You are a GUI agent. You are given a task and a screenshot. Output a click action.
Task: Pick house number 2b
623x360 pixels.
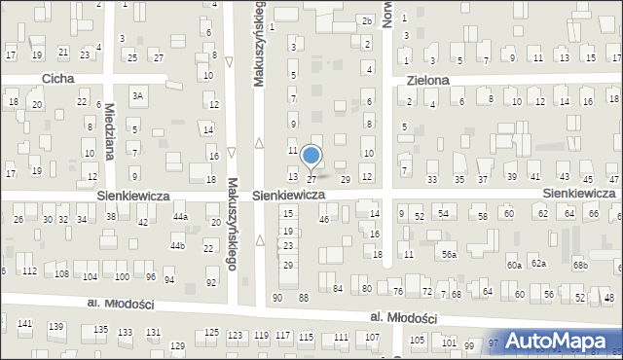coord(367,20)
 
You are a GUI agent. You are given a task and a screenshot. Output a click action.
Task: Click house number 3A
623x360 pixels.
coord(138,95)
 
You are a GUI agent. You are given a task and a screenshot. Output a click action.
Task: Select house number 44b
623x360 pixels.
coord(176,246)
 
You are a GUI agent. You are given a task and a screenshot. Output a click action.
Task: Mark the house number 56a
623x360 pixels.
coord(448,254)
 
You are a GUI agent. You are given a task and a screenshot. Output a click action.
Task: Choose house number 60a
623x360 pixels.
coord(514,265)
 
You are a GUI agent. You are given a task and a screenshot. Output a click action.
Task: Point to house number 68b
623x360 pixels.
coord(580,265)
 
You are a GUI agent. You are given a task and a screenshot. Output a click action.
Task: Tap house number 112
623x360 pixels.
coord(30,270)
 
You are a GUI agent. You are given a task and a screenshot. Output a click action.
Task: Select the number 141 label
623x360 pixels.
coord(25,323)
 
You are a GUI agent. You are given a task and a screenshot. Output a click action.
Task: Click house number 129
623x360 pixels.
coord(177,345)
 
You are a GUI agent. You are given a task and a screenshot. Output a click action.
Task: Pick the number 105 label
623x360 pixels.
coord(418,340)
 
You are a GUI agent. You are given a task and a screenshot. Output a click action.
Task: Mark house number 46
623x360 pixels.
coord(324,220)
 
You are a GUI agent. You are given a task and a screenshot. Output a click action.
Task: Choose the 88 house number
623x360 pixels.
coord(304,297)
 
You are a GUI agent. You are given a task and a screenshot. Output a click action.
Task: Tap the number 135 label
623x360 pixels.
coord(100,330)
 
